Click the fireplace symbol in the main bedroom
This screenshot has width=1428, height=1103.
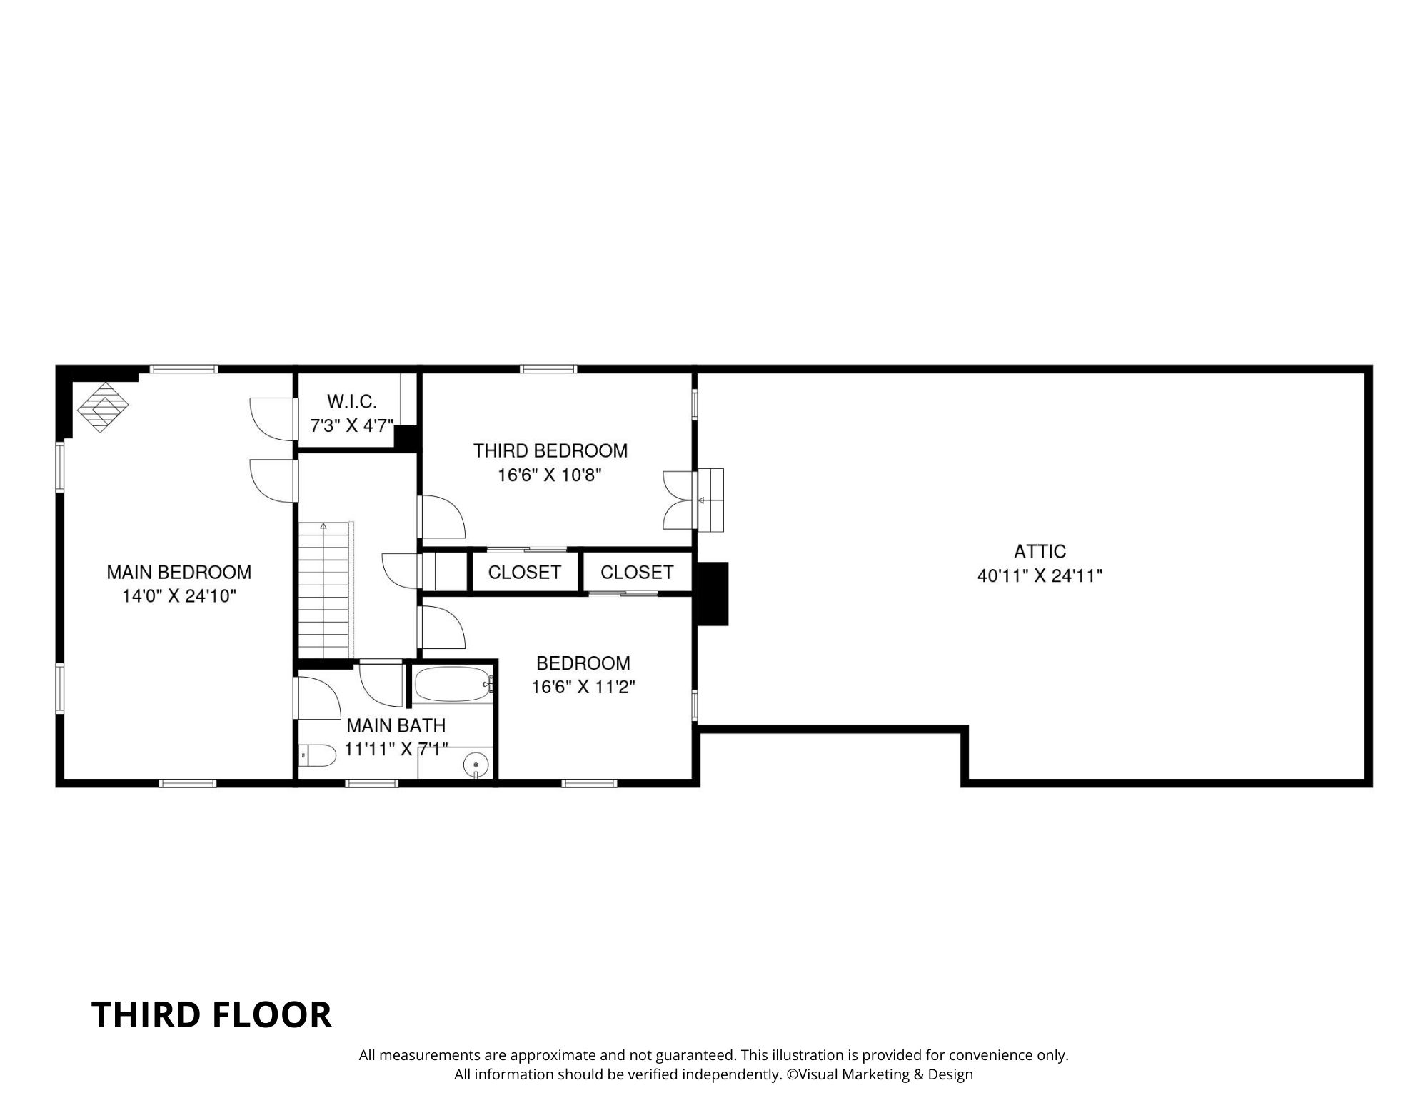click(103, 407)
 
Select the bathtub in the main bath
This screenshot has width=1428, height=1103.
click(452, 684)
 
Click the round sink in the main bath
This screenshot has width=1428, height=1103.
click(476, 765)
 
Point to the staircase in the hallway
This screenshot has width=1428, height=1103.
click(326, 589)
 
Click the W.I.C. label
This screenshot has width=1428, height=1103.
click(351, 401)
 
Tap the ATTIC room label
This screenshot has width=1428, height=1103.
click(1040, 551)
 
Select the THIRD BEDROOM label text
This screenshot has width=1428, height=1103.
click(550, 450)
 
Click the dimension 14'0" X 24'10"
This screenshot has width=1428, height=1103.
click(178, 596)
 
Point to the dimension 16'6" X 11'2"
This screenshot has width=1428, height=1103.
click(583, 687)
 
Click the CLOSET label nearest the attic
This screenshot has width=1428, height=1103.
click(637, 573)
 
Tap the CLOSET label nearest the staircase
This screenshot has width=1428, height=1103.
click(525, 573)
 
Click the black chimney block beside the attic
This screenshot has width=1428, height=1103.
click(712, 593)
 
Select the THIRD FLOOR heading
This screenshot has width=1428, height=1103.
click(211, 1014)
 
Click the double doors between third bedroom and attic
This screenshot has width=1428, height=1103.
click(678, 500)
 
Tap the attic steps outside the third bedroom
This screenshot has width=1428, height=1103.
click(710, 500)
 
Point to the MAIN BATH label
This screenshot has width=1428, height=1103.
click(396, 725)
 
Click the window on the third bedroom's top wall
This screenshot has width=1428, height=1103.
click(548, 369)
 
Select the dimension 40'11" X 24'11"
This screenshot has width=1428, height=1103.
click(1040, 575)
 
